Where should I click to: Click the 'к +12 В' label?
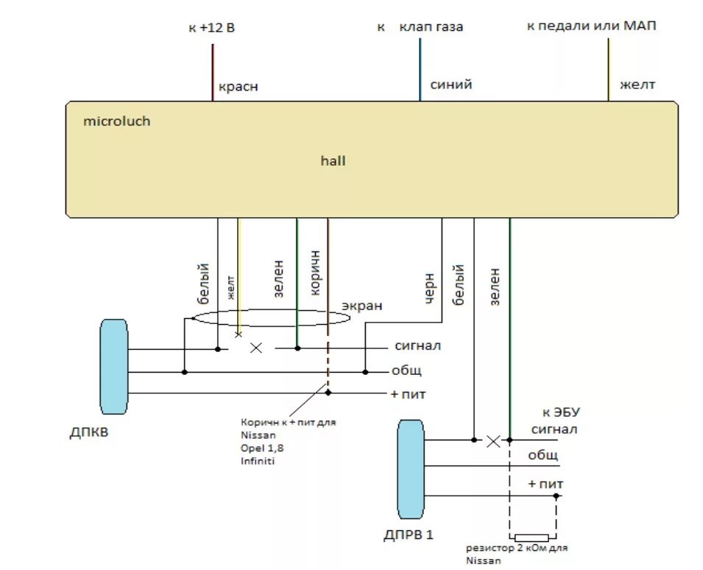212,29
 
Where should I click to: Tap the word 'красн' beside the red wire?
238,87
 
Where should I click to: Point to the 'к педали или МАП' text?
591,27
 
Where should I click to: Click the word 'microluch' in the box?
116,121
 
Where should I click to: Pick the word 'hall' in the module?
333,161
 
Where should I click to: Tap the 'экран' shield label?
361,305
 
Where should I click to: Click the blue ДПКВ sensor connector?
114,367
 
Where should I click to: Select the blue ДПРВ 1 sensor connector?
410,469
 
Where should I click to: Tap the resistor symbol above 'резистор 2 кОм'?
531,538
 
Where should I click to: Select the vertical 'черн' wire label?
429,289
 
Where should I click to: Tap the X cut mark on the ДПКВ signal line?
256,348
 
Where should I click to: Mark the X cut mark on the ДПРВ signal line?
494,440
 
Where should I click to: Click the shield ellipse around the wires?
269,318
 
